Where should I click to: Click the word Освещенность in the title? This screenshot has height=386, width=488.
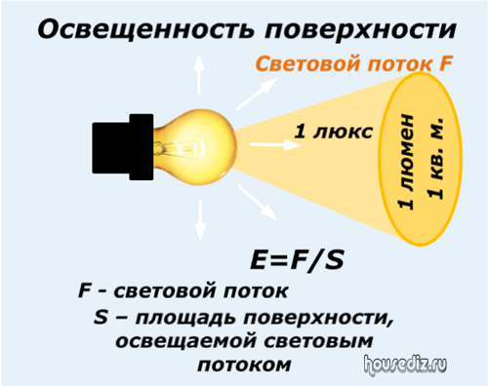145,30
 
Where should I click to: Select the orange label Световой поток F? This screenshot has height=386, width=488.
354,63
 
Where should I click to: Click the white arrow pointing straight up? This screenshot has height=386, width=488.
199,74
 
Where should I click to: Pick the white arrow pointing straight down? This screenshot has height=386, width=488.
200,220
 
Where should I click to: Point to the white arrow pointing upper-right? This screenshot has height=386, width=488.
257,94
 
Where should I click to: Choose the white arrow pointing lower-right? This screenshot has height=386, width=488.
257,202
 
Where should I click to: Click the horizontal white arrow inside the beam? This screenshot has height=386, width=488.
275,144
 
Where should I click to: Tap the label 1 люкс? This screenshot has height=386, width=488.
333,132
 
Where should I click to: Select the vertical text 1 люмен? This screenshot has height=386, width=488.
406,162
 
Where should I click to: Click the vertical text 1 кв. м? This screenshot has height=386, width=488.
435,158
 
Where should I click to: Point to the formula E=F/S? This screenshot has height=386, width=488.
297,259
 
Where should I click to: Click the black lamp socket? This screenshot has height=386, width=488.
123,147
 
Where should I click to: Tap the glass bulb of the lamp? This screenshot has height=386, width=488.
195,148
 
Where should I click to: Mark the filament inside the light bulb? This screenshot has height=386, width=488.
183,148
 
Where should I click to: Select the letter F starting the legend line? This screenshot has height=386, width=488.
84,290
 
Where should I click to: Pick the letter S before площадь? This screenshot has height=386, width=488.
101,317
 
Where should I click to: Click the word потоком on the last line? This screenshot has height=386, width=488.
244,366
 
